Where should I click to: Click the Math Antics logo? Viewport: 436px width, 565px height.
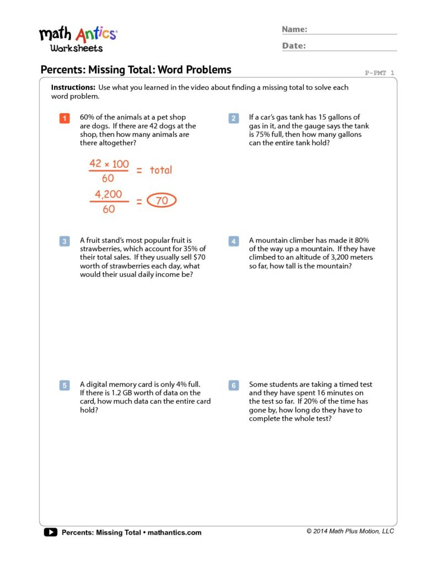(78, 39)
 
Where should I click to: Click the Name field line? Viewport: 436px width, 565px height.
(352, 33)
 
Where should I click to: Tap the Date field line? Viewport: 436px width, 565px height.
(352, 50)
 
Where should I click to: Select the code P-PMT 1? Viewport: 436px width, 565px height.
(380, 73)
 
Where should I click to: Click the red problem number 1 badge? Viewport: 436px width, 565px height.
(64, 118)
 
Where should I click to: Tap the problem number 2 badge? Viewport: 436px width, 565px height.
(234, 118)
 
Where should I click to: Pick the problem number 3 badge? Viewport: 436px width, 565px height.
(64, 241)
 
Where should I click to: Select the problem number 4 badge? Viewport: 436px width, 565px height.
(234, 241)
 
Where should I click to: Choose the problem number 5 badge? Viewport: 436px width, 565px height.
(64, 385)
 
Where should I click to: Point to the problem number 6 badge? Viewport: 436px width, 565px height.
(234, 385)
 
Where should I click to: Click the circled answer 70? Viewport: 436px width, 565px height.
(162, 201)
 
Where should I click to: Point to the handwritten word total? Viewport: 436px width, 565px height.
(161, 170)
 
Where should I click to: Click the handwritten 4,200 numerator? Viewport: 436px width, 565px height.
(108, 194)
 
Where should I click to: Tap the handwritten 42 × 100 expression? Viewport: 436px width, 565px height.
(109, 164)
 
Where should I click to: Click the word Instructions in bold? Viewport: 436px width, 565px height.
(73, 88)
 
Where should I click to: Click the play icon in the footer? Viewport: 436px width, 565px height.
(50, 532)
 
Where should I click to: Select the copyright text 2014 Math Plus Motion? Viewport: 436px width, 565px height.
(351, 531)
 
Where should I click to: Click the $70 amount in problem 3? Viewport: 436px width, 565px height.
(200, 258)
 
